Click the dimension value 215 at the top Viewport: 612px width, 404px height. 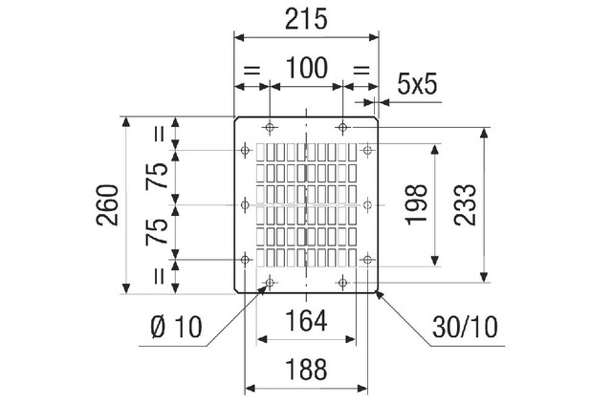click(307, 18)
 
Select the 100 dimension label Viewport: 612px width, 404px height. click(307, 68)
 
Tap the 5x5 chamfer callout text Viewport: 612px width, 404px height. click(417, 84)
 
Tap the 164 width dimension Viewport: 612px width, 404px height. click(307, 322)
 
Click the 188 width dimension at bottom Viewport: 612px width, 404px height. click(307, 368)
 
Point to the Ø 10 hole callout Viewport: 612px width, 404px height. click(177, 327)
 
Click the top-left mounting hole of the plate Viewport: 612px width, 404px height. click(271, 127)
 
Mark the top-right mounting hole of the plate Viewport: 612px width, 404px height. click(342, 127)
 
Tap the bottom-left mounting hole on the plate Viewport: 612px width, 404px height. click(271, 282)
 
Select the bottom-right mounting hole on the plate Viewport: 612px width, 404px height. click(342, 282)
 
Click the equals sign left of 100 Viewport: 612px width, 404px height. click(252, 69)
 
